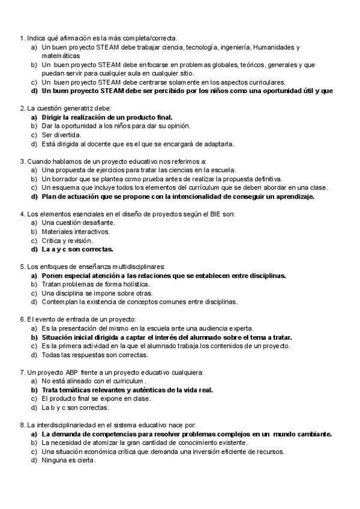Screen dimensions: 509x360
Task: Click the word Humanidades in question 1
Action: click(x=275, y=47)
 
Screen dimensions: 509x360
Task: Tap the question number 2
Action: click(x=22, y=108)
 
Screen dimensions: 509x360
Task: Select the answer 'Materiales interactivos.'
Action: click(x=76, y=231)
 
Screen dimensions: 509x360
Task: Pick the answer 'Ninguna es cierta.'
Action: click(x=68, y=460)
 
